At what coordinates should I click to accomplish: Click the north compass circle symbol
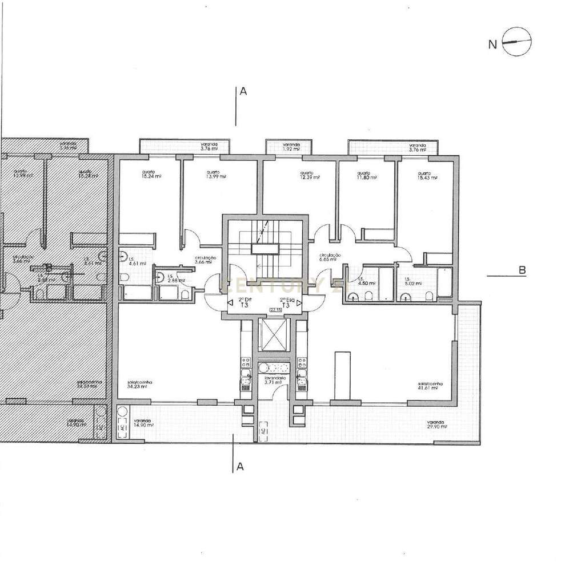click(517, 41)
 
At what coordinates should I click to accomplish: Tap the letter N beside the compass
click(492, 43)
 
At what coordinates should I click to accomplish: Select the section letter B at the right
click(522, 271)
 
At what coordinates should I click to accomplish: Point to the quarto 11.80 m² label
click(366, 175)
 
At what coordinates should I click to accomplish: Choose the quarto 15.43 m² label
click(426, 175)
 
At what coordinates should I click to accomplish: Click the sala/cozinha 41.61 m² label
click(430, 386)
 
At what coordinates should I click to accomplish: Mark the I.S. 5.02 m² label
click(412, 281)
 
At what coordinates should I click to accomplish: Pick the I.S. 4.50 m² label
click(364, 281)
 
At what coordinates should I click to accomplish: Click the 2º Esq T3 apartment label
click(286, 303)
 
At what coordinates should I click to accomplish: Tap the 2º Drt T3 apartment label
click(245, 303)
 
